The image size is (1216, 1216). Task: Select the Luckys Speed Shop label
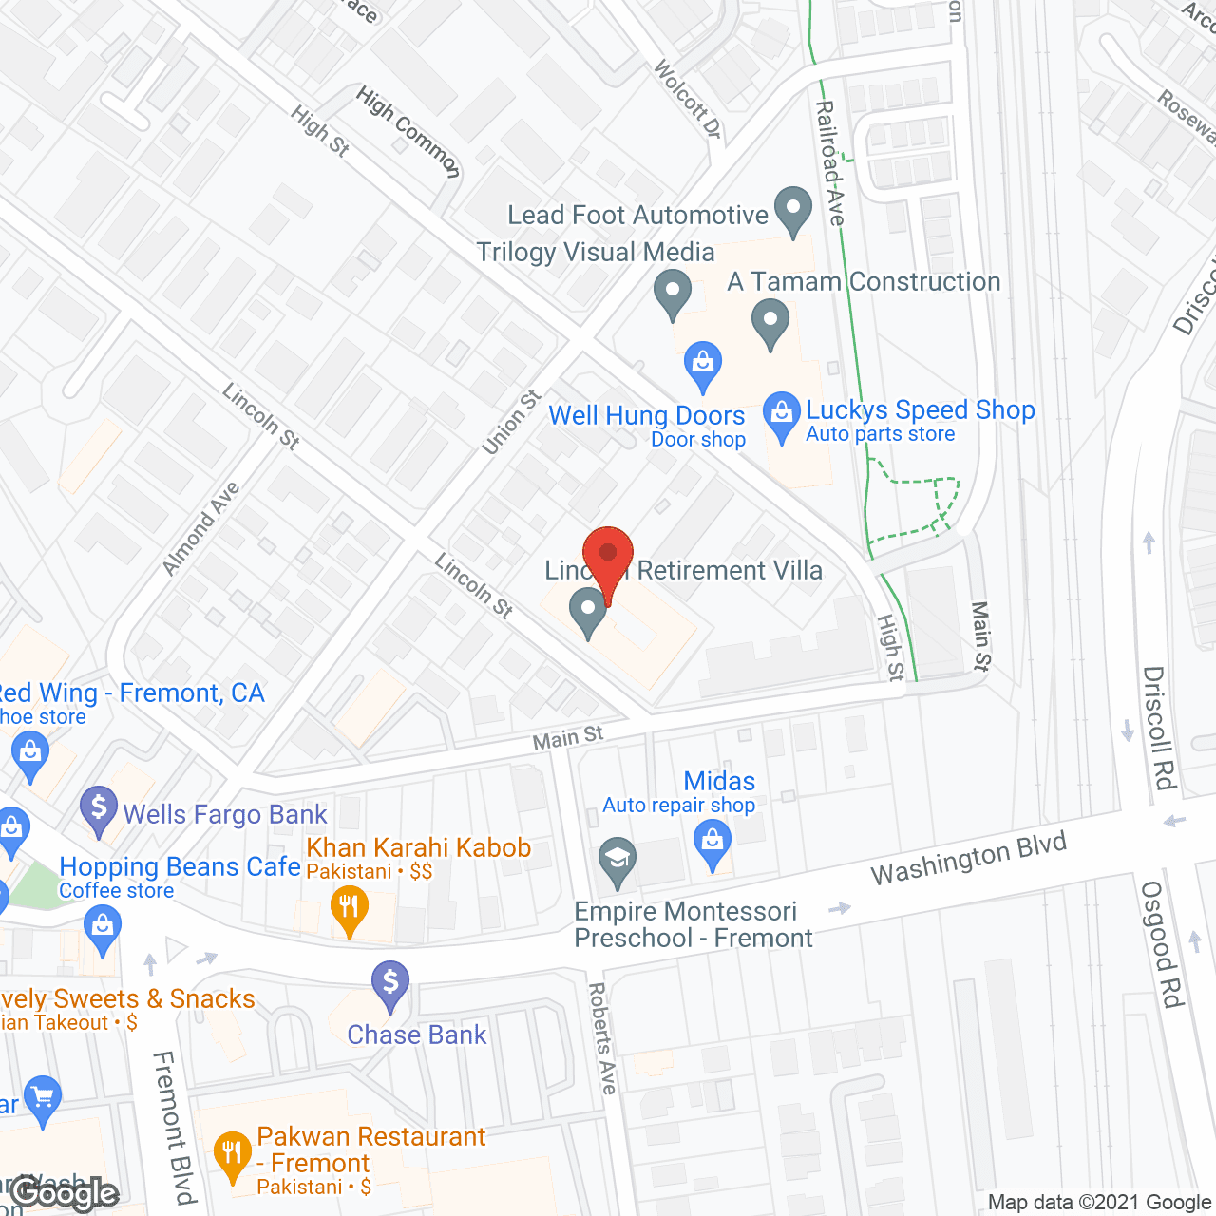[x=920, y=410]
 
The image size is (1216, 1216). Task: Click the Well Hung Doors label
[x=646, y=416]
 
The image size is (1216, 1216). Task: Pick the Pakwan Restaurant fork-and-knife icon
[x=232, y=1155]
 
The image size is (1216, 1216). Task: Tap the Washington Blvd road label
[x=968, y=859]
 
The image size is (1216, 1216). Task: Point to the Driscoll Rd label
[x=1159, y=728]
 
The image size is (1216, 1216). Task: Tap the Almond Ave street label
[x=200, y=529]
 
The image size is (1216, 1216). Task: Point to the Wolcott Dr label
[x=688, y=99]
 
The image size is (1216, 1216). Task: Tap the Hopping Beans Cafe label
[x=180, y=867]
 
